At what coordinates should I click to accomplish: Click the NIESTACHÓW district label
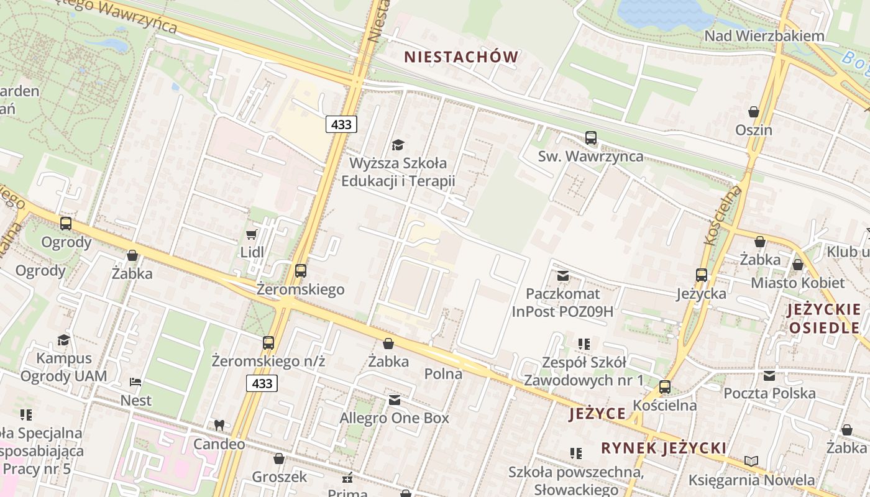pyautogui.click(x=461, y=57)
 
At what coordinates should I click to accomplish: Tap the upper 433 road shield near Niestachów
pyautogui.click(x=341, y=124)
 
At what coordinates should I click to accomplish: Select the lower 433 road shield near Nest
pyautogui.click(x=262, y=383)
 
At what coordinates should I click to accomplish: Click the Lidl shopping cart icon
pyautogui.click(x=252, y=234)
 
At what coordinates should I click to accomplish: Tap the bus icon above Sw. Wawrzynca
pyautogui.click(x=590, y=138)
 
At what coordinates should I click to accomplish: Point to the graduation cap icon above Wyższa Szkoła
pyautogui.click(x=398, y=145)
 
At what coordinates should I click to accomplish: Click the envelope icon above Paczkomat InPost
pyautogui.click(x=563, y=275)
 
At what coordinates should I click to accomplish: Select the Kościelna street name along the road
pyautogui.click(x=724, y=214)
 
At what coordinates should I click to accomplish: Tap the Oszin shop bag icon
pyautogui.click(x=754, y=112)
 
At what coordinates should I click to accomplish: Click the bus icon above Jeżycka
pyautogui.click(x=702, y=275)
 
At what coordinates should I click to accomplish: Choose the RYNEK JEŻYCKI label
pyautogui.click(x=664, y=448)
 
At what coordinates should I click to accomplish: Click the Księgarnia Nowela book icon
pyautogui.click(x=751, y=461)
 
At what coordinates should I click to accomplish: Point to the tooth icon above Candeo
pyautogui.click(x=219, y=426)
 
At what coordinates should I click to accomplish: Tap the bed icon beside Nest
pyautogui.click(x=135, y=381)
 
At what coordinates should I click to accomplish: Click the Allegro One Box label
pyautogui.click(x=394, y=418)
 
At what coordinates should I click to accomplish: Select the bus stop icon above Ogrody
pyautogui.click(x=66, y=224)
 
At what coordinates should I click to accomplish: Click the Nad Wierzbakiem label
pyautogui.click(x=764, y=36)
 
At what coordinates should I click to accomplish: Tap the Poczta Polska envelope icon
pyautogui.click(x=769, y=375)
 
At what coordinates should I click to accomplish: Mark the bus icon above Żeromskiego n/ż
pyautogui.click(x=268, y=343)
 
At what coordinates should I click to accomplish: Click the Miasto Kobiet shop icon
pyautogui.click(x=798, y=265)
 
